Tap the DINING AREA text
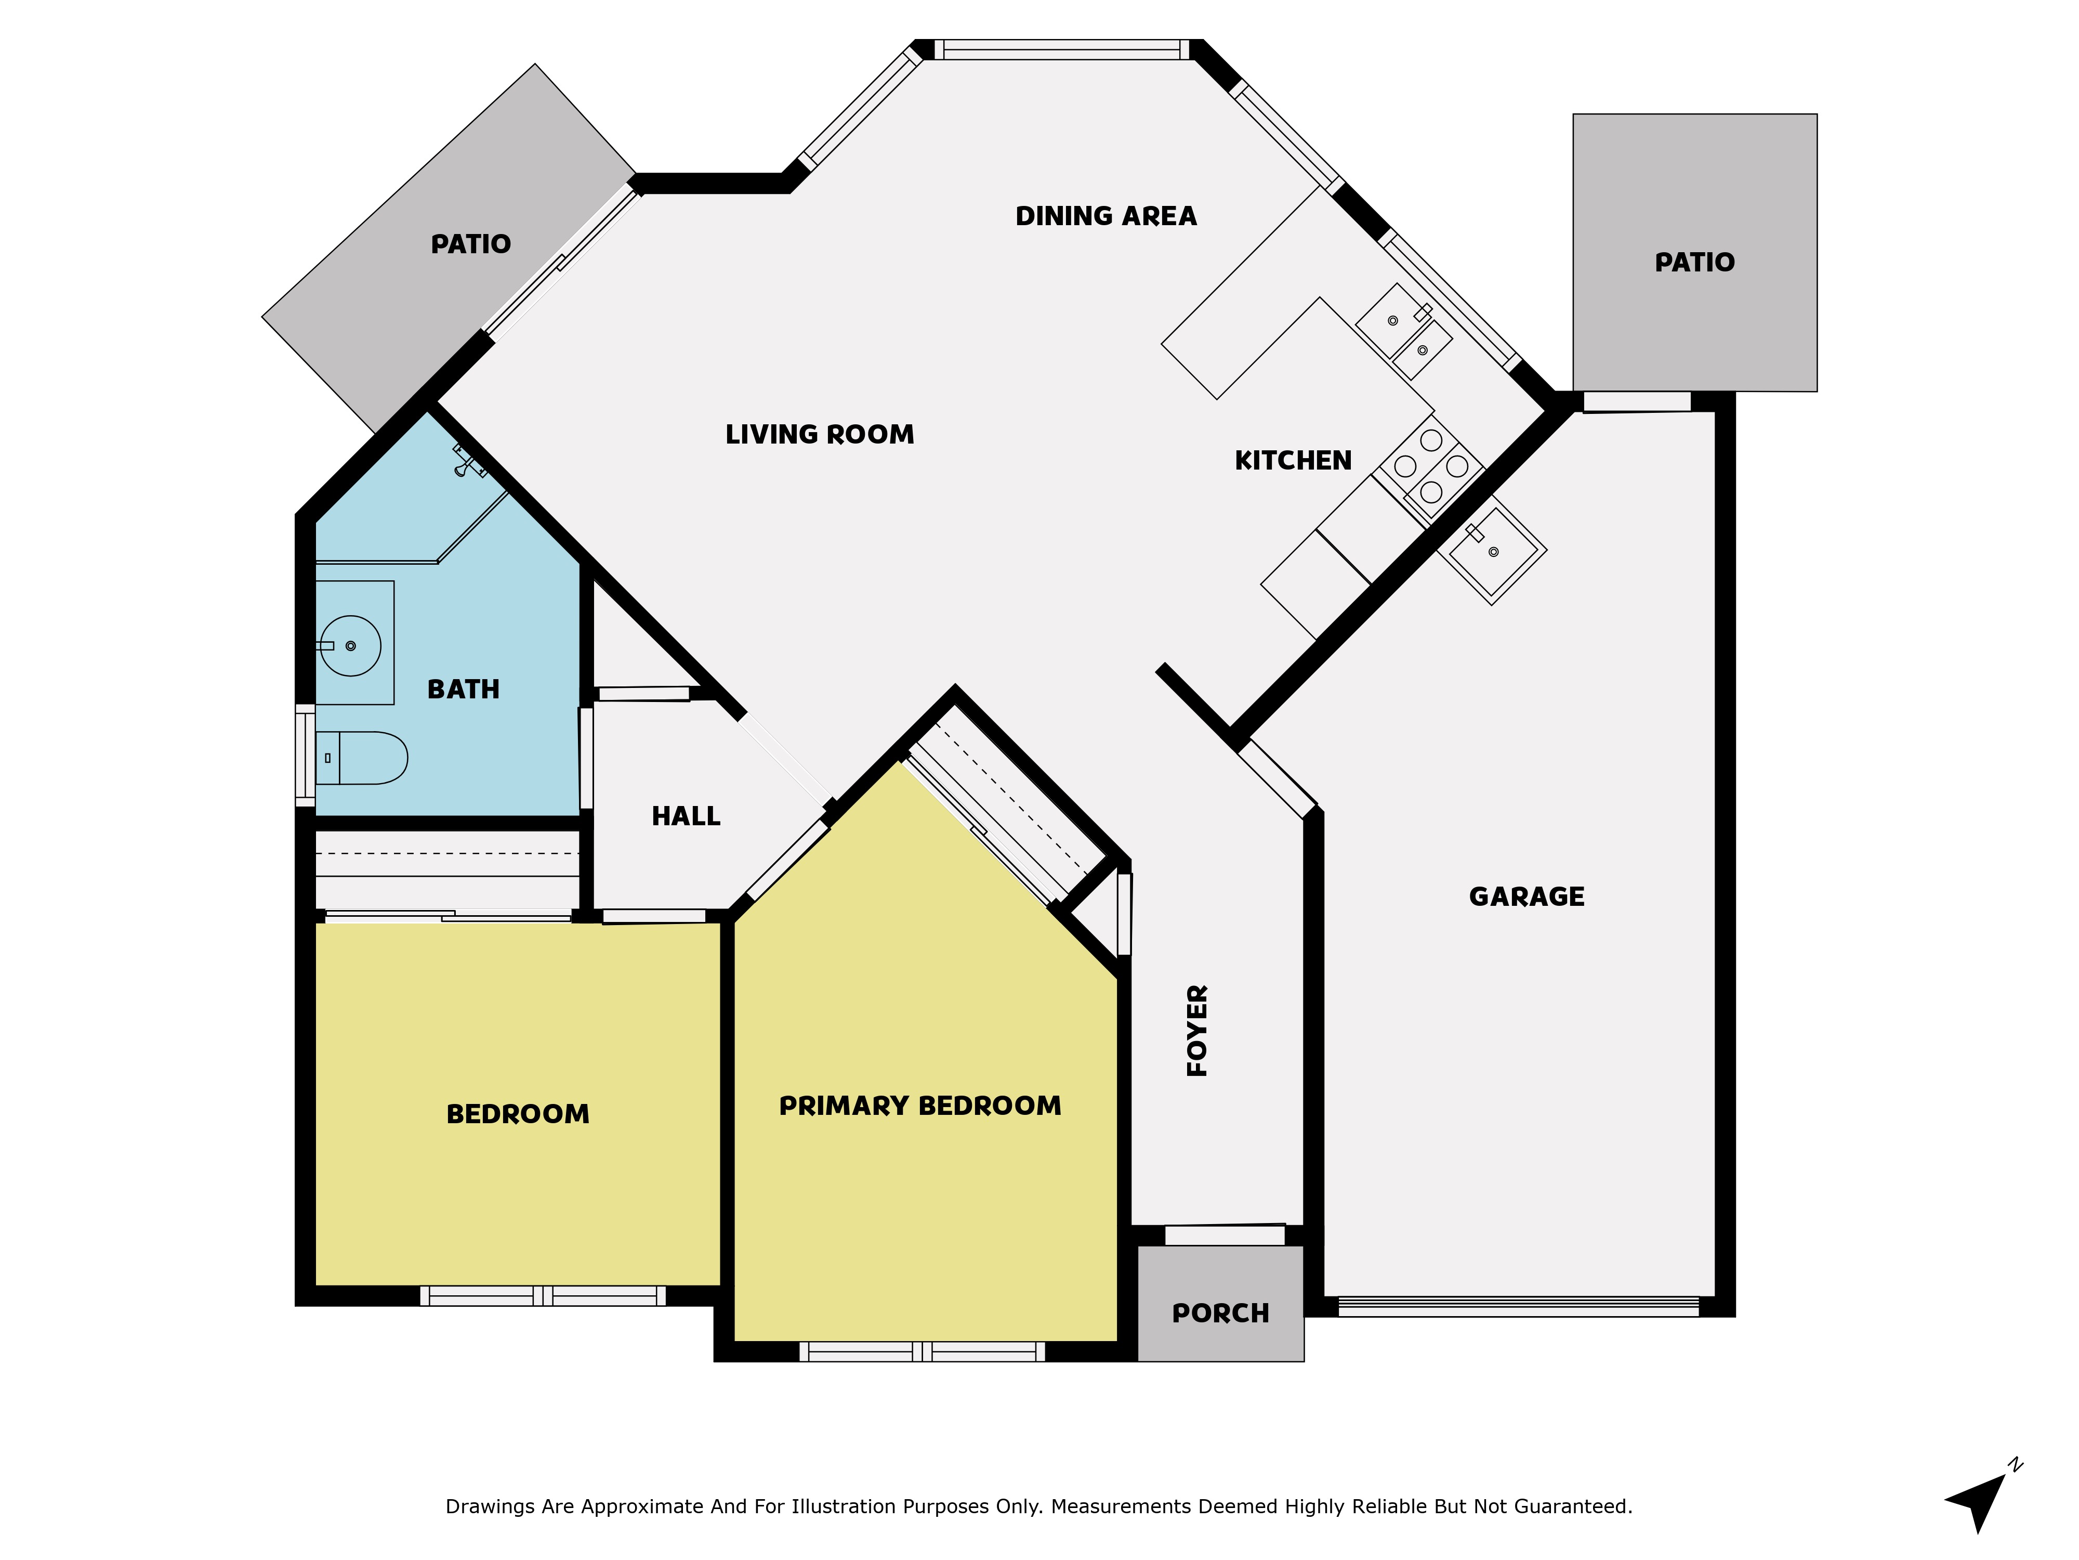pos(1106,216)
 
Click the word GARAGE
pos(1527,897)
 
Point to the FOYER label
pos(1198,1031)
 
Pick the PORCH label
pos(1220,1314)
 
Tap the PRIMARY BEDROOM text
pos(919,1106)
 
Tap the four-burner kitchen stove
pos(1430,466)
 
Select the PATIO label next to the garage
pos(1694,263)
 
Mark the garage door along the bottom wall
pos(1517,1306)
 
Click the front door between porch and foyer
pos(1223,1234)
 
